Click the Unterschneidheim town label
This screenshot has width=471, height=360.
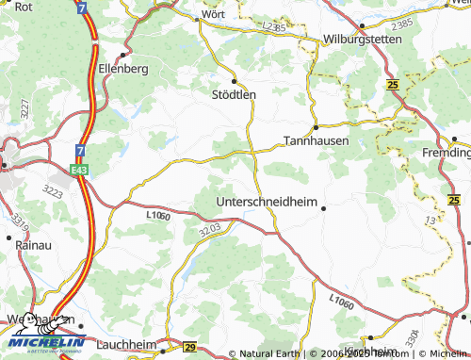click(x=268, y=202)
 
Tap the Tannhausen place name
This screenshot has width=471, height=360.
click(x=316, y=140)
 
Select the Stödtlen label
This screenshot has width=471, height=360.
click(x=234, y=94)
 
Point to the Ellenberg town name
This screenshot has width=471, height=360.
click(x=123, y=70)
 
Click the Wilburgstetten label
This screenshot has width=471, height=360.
click(x=362, y=40)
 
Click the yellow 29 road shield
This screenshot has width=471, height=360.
click(x=189, y=347)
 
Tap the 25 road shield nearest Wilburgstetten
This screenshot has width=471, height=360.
click(x=391, y=86)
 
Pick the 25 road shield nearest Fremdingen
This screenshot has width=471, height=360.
click(x=454, y=200)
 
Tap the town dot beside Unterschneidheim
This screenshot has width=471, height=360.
click(x=323, y=208)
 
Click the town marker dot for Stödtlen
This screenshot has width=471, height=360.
click(x=234, y=81)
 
